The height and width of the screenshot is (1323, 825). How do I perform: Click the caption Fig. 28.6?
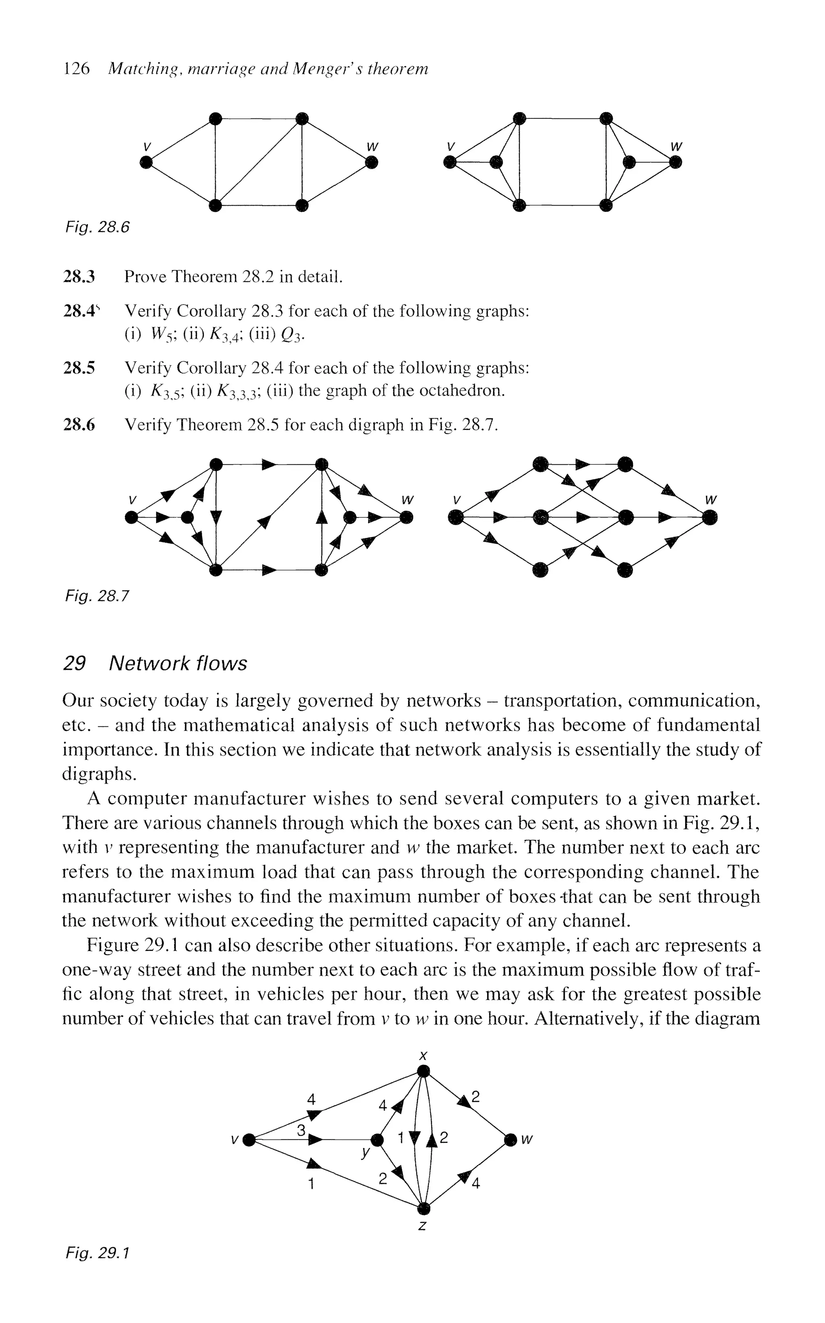[97, 227]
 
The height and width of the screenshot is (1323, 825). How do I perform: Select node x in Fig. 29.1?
[423, 1072]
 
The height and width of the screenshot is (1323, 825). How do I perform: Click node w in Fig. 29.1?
[510, 1140]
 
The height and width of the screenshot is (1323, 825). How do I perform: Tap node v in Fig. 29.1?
[249, 1140]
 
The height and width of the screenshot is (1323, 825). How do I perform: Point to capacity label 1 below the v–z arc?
[311, 1184]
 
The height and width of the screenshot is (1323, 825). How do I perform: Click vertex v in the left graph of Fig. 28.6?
[146, 162]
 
